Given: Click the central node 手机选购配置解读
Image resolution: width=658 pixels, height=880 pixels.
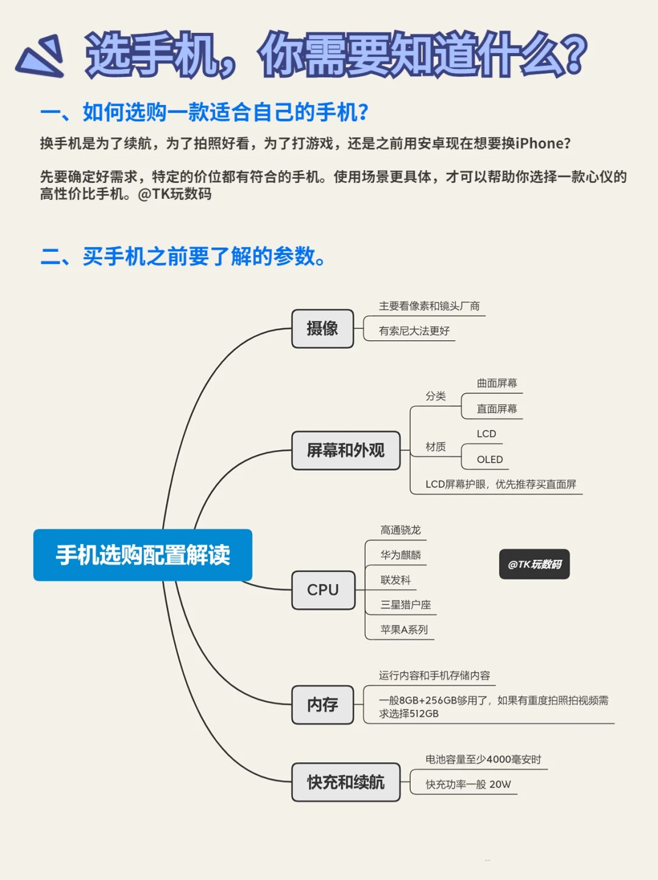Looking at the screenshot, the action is point(143,555).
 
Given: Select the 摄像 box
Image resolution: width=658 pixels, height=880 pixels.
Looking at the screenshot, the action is point(322,329).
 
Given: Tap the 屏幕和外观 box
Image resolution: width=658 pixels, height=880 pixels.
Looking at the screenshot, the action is point(345,451).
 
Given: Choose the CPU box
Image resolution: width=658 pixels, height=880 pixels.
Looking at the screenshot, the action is point(323,590).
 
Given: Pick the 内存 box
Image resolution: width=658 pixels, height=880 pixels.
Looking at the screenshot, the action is point(322,705).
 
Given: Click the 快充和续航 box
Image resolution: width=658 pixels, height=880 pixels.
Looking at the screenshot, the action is point(345,782).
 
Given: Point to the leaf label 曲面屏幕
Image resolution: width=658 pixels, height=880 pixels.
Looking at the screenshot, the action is point(497,383).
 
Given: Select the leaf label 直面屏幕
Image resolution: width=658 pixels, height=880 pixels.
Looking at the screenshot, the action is point(497,409).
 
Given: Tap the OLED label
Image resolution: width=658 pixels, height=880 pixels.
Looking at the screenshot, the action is point(490,459).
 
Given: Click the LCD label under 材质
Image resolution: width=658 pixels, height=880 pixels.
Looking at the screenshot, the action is point(486,434).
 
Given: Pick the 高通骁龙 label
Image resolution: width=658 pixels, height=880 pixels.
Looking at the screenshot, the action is point(400,530).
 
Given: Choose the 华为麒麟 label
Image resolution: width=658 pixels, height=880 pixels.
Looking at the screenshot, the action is point(400,555).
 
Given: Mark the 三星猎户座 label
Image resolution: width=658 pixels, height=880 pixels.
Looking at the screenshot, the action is point(405,604).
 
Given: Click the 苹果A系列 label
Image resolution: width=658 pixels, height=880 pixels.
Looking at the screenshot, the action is point(404,629).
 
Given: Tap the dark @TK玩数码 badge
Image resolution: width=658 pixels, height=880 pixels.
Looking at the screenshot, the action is point(534,564).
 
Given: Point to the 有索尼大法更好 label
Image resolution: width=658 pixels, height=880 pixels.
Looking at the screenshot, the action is point(414,331).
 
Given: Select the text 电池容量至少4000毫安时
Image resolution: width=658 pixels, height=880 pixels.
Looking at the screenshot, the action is point(483,759).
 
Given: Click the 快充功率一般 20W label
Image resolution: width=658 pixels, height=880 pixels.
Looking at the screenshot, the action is point(468,784).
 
